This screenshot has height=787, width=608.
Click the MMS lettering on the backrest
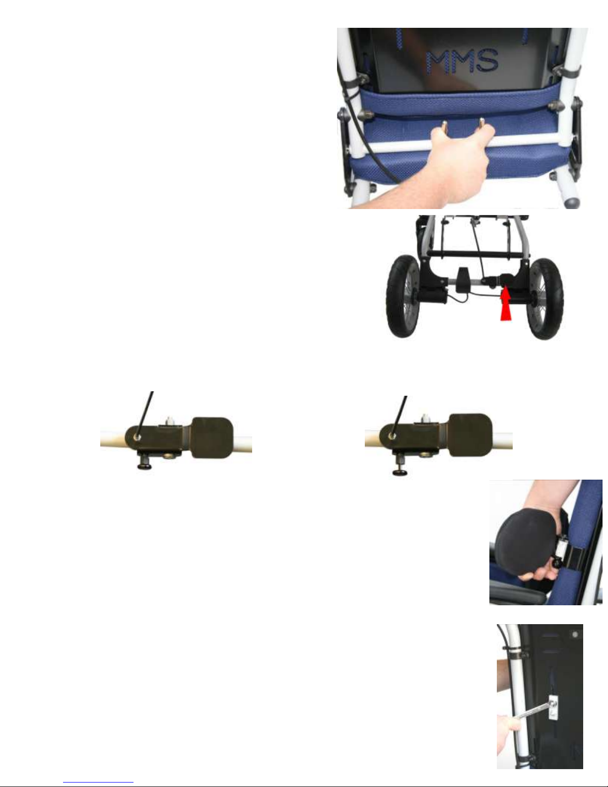[462, 61]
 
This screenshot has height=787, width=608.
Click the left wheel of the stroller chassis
[404, 296]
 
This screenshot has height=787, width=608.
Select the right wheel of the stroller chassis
[544, 298]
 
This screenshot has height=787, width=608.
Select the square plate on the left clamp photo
[211, 438]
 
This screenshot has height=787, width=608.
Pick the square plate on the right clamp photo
[470, 434]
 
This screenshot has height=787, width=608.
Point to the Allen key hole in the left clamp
[137, 437]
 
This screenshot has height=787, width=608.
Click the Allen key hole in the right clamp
[392, 435]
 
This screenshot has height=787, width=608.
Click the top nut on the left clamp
[169, 421]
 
